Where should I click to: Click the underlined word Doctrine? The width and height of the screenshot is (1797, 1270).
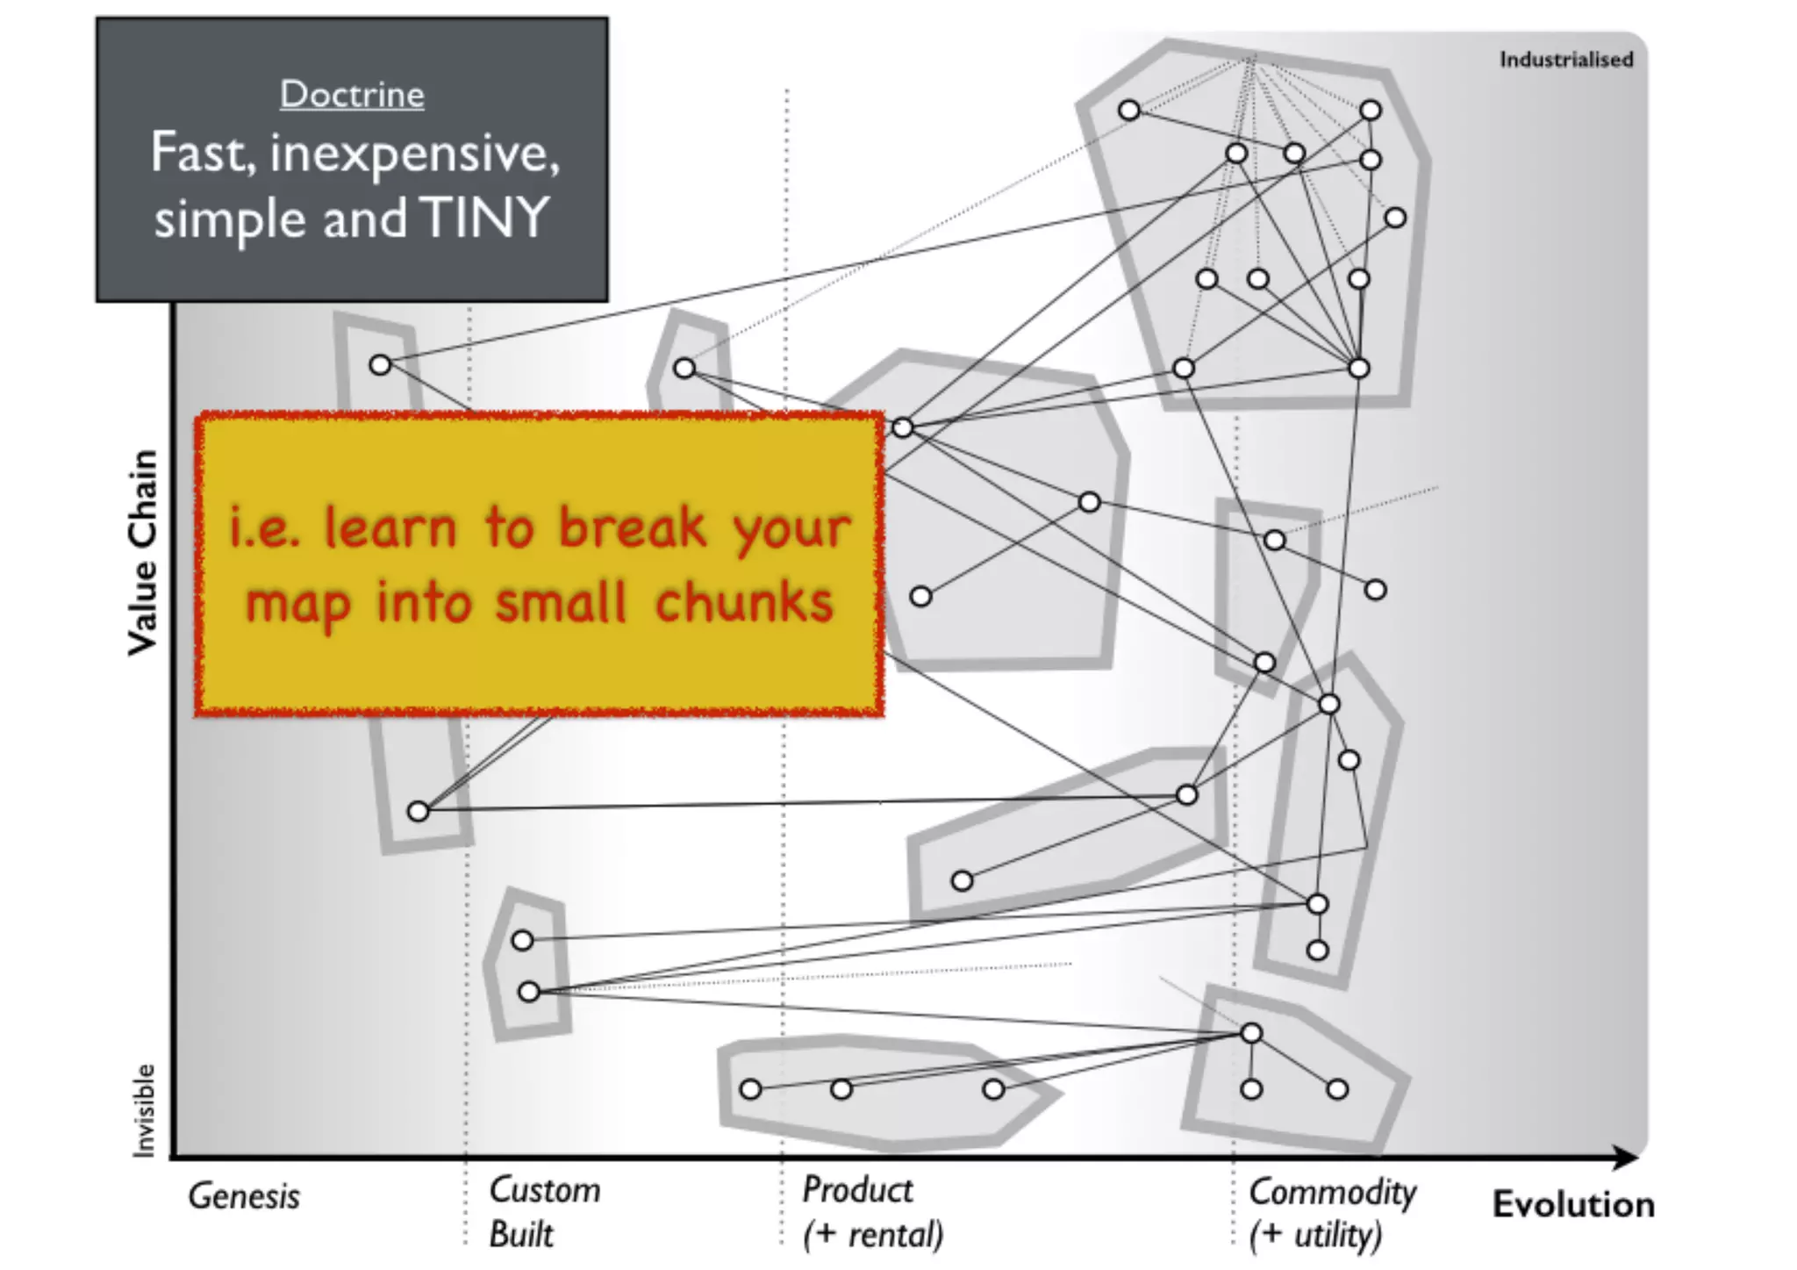[352, 95]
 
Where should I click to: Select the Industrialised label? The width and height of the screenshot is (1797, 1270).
[1565, 60]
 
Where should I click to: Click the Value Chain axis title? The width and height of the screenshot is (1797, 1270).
[142, 553]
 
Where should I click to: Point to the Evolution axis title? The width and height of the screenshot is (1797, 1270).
[1573, 1205]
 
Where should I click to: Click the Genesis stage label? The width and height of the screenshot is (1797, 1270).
[244, 1196]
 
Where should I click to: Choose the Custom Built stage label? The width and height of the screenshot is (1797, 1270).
[544, 1212]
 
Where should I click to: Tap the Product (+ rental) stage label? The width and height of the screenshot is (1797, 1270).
[872, 1212]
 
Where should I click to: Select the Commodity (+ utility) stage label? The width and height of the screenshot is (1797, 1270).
[1332, 1213]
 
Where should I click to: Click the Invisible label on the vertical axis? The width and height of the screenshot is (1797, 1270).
[143, 1110]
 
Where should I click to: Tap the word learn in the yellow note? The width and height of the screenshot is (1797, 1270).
[391, 527]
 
